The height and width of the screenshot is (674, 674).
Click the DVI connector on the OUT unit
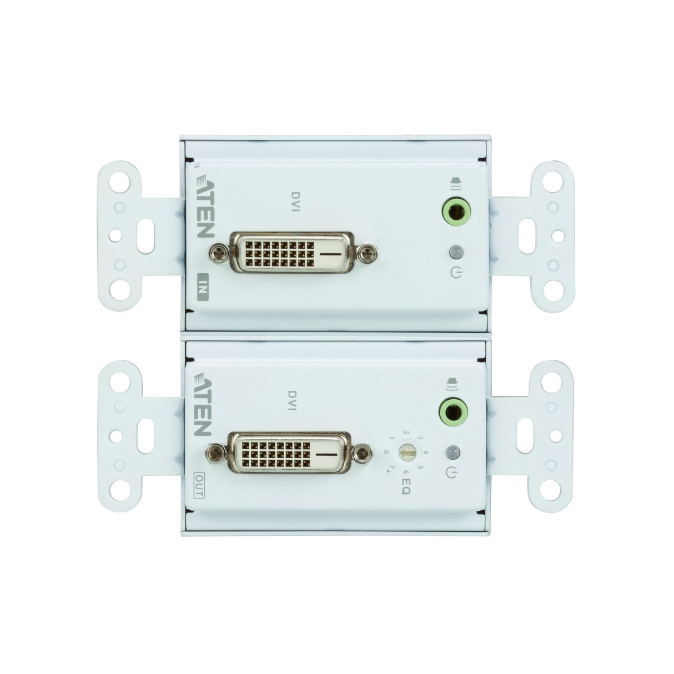pos(289,453)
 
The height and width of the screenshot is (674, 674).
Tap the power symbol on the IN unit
pos(456,273)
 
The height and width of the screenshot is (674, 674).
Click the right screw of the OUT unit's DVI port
pos(362,453)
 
